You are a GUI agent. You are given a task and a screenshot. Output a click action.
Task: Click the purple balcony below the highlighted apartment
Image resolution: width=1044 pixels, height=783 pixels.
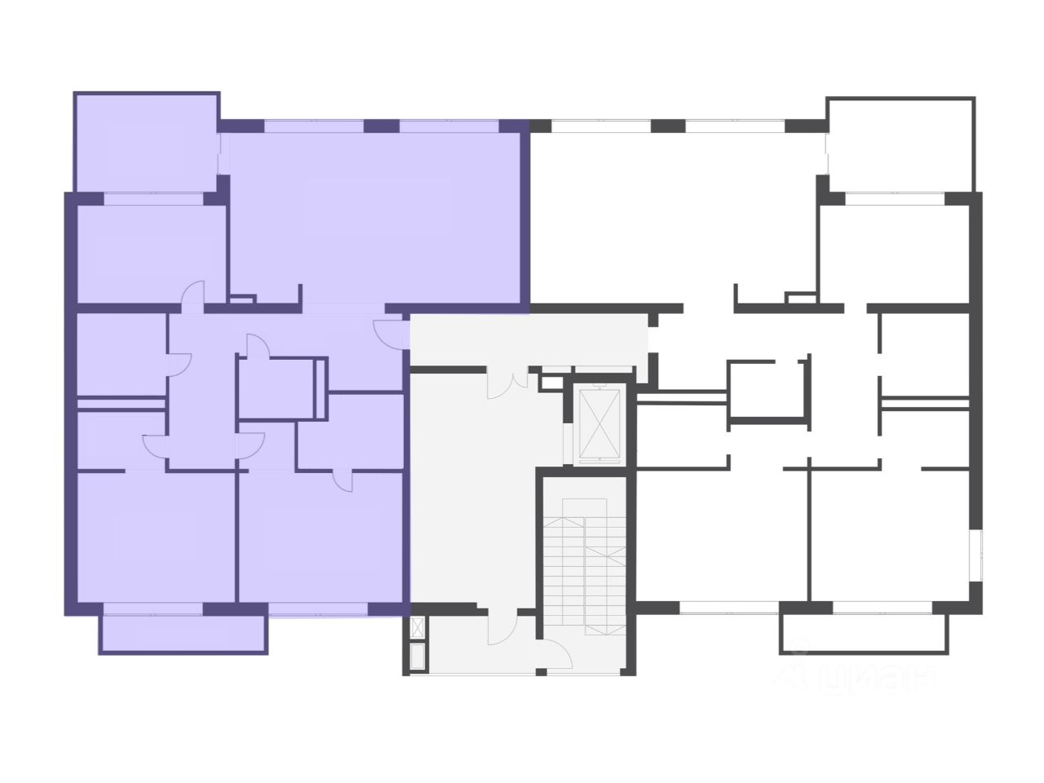coord(183,633)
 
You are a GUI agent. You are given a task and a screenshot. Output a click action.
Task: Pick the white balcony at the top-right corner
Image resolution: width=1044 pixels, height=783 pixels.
coord(900,145)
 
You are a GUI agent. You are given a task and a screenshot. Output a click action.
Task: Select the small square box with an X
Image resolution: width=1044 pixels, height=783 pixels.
coord(419,628)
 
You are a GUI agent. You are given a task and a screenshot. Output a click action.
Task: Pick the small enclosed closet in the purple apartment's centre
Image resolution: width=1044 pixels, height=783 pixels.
coord(276,388)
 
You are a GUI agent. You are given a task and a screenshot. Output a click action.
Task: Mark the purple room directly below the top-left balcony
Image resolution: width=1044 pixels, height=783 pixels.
coord(150,253)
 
